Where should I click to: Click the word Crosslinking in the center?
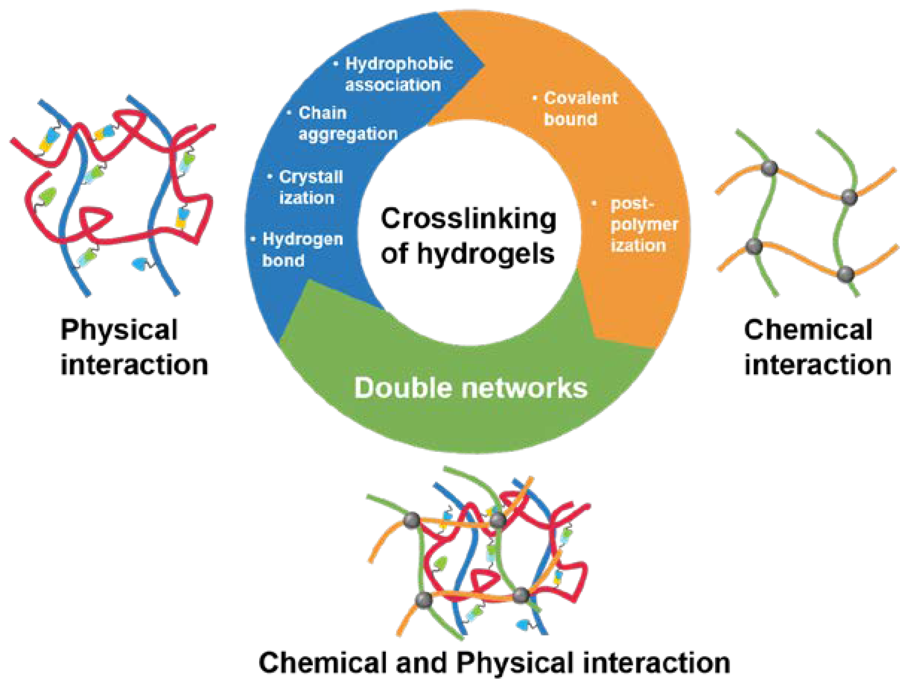pos(468,219)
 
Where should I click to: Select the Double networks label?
pos(471,388)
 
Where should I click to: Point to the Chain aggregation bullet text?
pos(348,123)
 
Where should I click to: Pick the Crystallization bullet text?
pos(311,188)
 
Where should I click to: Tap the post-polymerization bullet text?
pos(643,225)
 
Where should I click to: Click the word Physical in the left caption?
pos(119,330)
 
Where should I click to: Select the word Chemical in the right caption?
pos(808,330)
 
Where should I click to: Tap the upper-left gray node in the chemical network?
pos(769,168)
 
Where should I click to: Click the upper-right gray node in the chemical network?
pos(849,197)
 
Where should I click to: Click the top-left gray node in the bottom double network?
pos(411,520)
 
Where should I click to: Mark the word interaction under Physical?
pos(134,365)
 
